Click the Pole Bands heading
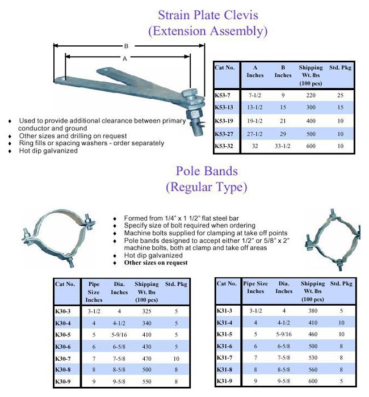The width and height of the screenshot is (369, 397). click(x=206, y=170)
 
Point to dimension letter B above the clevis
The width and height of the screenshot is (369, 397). click(x=126, y=46)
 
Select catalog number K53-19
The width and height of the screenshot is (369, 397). click(x=224, y=121)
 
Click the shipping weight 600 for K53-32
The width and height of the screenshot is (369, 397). click(x=311, y=146)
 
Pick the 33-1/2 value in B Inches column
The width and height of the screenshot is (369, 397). click(x=283, y=146)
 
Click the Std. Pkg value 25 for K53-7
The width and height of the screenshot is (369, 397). click(x=339, y=95)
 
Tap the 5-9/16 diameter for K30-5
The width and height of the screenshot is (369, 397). click(x=119, y=334)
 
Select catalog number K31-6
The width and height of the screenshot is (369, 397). click(x=225, y=346)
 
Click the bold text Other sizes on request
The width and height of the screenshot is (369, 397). click(x=156, y=263)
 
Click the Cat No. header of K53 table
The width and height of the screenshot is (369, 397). click(x=225, y=67)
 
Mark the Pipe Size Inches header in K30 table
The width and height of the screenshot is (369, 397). click(x=94, y=292)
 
